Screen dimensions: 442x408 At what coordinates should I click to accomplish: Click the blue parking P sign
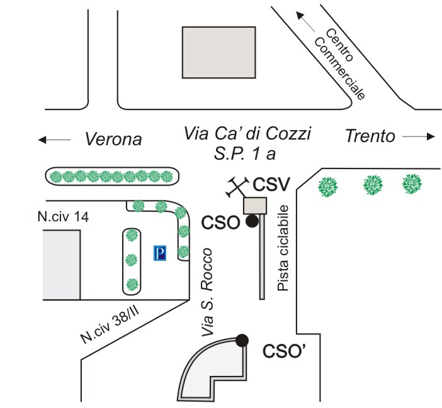pos(160,253)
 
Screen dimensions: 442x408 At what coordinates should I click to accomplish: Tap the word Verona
pos(113,139)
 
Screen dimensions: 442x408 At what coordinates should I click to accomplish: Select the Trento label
pos(370,136)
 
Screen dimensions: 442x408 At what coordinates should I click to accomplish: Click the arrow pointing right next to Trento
pos(419,137)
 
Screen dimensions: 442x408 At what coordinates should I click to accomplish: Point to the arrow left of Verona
pos(54,140)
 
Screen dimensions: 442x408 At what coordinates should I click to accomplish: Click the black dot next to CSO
pos(252,221)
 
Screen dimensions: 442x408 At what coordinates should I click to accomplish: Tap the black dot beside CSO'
pos(242,341)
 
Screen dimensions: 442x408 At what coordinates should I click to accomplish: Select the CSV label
pos(271,185)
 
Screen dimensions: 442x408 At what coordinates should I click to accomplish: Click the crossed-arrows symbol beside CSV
pos(237,187)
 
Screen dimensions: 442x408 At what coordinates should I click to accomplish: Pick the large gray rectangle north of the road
pos(218,52)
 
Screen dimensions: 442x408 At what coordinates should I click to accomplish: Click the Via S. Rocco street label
pos(207,292)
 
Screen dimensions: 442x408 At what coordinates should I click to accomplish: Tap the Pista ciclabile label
pos(283,248)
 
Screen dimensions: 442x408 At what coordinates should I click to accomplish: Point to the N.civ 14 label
pos(63,217)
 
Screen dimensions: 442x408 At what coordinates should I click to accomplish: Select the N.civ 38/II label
pos(110,325)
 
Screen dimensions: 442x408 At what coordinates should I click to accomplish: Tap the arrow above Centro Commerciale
pos(305,21)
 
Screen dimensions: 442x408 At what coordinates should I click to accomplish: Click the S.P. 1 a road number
pos(245,154)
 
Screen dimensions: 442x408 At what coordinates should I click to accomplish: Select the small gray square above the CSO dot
pos(255,206)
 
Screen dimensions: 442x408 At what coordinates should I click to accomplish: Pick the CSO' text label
pos(284,351)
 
